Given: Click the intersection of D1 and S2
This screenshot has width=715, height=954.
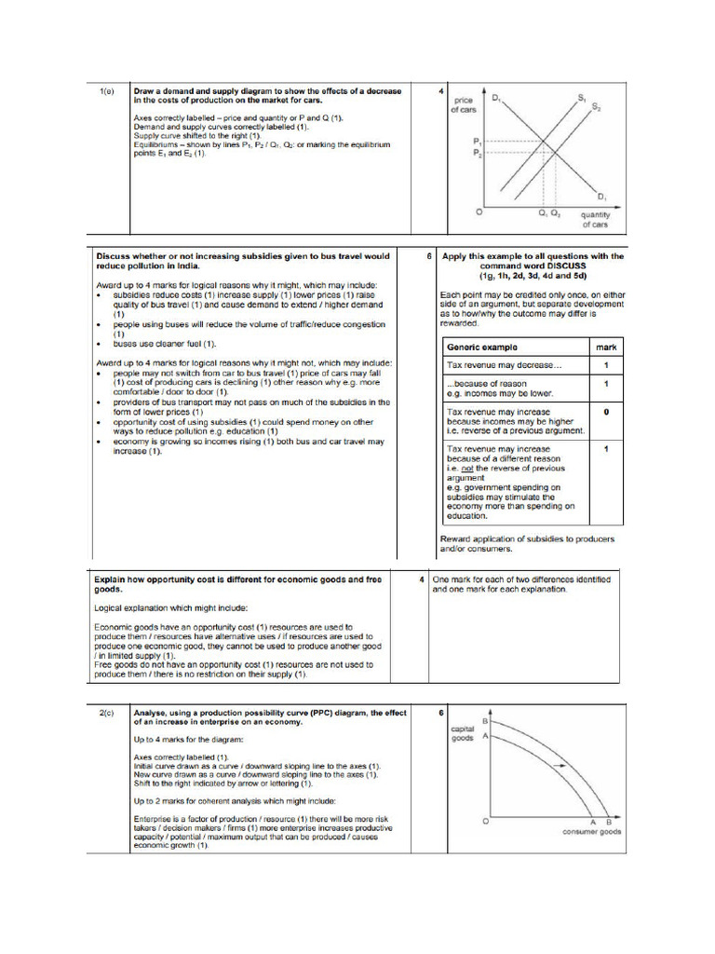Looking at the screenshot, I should coord(556,152).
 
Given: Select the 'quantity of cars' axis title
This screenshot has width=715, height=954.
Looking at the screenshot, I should coord(594,220).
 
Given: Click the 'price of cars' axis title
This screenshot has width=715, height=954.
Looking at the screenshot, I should coord(464,104).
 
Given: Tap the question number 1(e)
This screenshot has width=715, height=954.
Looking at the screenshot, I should coord(107,91).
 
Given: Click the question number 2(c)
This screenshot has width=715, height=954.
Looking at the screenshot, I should coord(107,713).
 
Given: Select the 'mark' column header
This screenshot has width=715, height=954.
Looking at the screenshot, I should coord(605,347).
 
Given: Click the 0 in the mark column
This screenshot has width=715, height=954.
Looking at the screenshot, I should coord(606,411).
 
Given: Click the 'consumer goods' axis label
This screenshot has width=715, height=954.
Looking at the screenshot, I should coord(592,832).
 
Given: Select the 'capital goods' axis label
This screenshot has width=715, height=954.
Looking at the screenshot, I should coord(464,732).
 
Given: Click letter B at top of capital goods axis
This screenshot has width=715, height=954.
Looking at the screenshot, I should coord(485,720).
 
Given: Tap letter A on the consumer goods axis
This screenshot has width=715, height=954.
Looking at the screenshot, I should coord(593,822).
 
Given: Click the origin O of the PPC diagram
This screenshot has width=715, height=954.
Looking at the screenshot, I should coord(484,821).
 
